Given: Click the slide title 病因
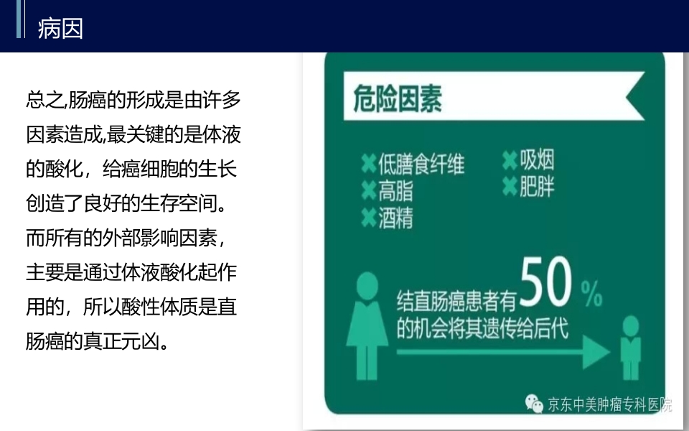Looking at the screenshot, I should (x=60, y=29).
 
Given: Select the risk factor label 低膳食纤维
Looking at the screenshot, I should (x=421, y=164).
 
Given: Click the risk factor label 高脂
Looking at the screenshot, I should (x=395, y=191).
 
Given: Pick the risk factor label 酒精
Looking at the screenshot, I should (x=395, y=218).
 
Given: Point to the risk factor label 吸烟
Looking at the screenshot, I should (x=537, y=159).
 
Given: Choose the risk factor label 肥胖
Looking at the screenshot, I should (x=537, y=186).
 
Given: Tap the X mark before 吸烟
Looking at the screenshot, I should (x=510, y=160).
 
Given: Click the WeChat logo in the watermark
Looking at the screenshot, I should (x=534, y=404).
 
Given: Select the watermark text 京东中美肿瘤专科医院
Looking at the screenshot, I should (x=609, y=405).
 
